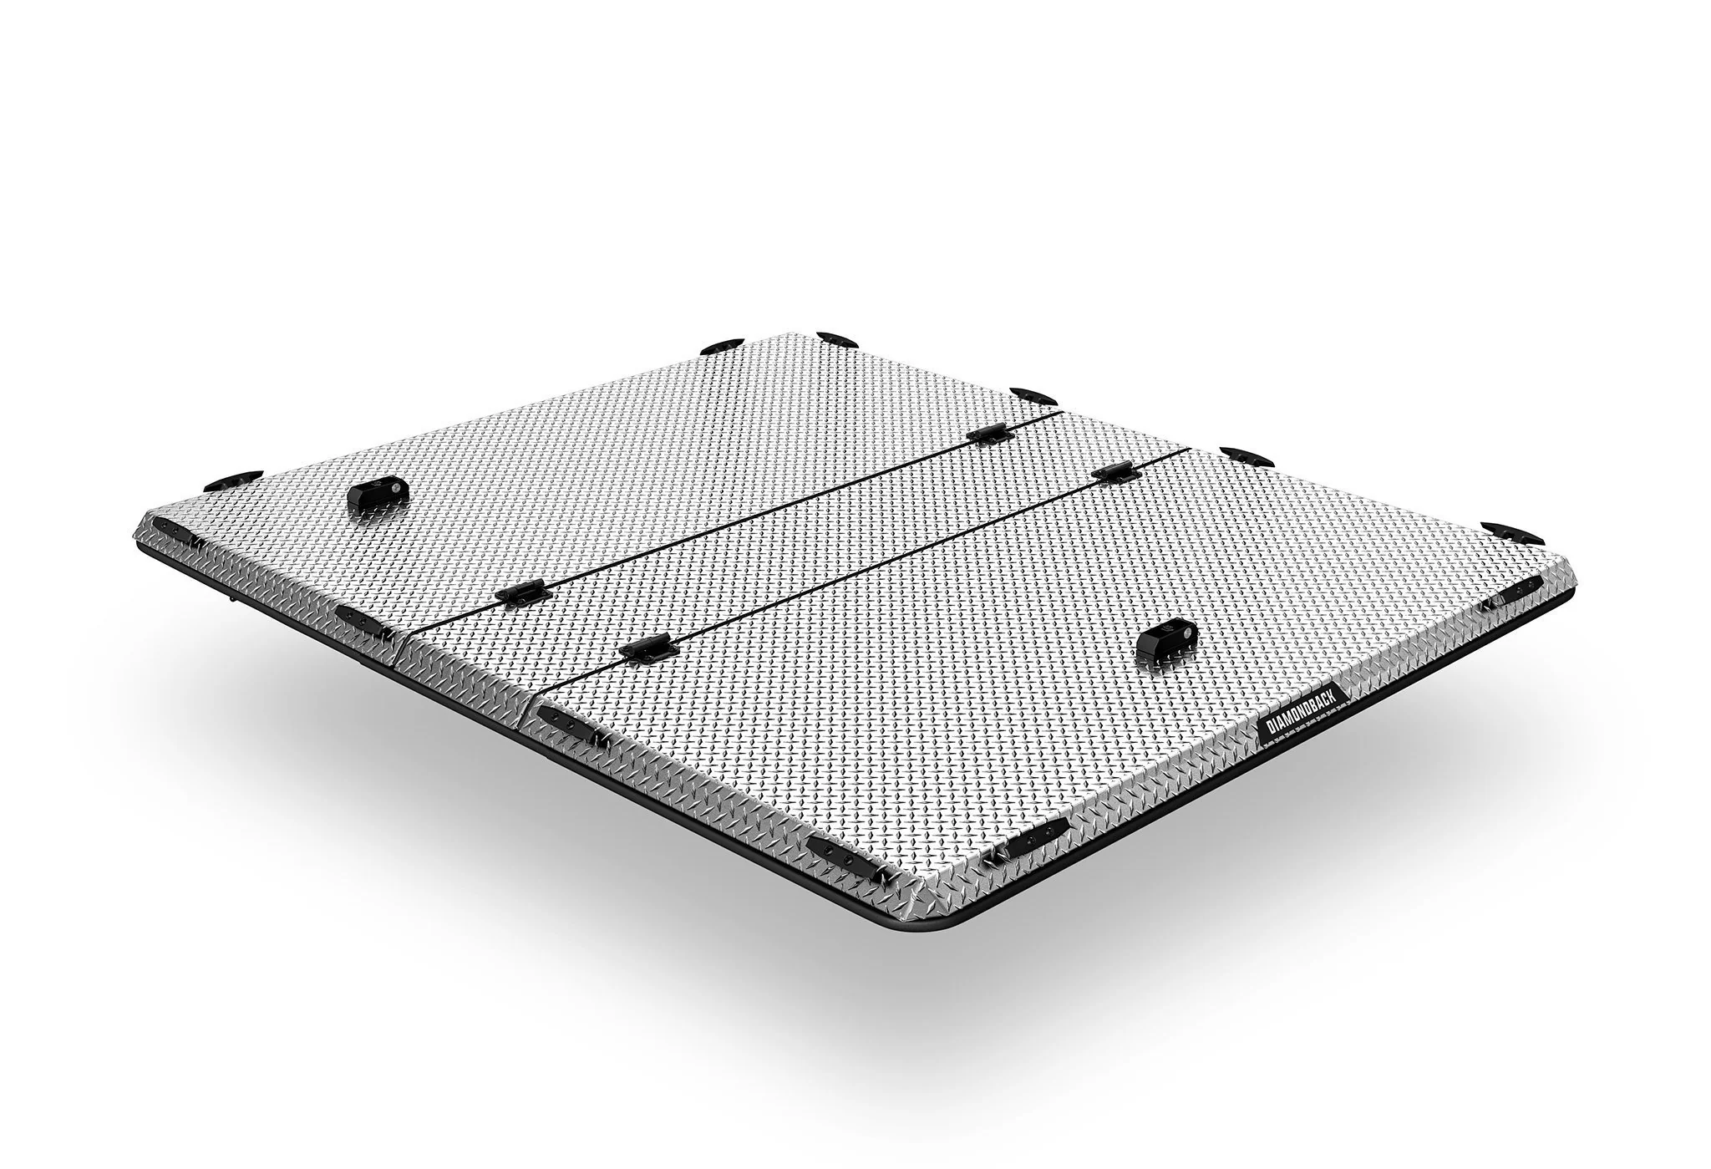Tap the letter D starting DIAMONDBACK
(x=1267, y=732)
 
